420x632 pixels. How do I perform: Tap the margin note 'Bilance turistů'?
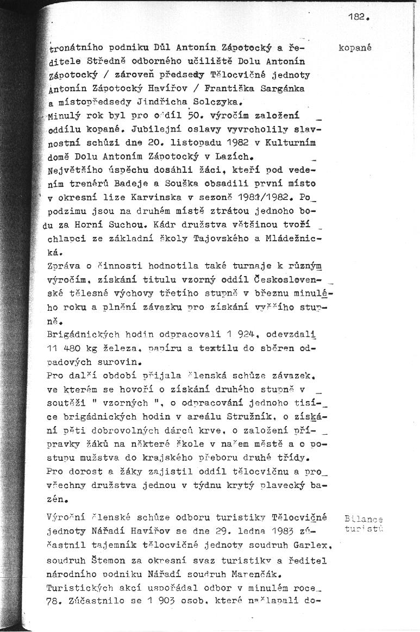coord(363,524)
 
